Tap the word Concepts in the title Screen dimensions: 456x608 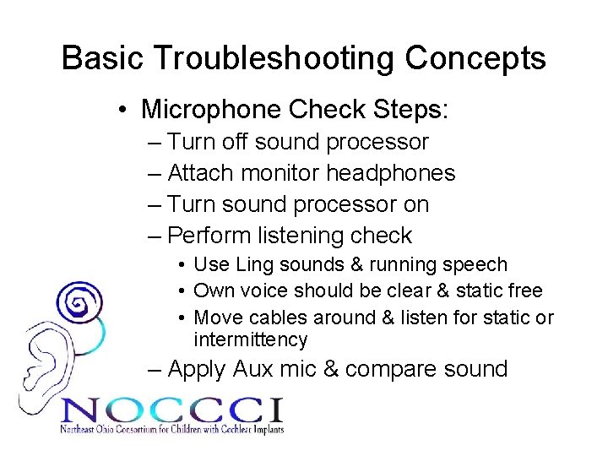(x=475, y=58)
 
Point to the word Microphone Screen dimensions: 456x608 (x=211, y=109)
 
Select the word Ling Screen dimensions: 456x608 (x=250, y=264)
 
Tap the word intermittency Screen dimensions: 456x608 (x=250, y=339)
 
